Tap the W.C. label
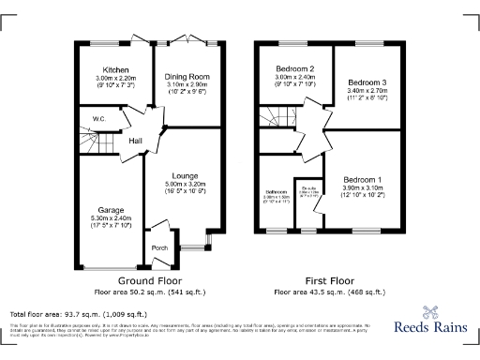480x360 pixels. click(98, 119)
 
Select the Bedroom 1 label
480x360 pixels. click(361, 179)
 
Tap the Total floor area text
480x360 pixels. click(78, 313)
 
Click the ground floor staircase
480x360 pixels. click(91, 143)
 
